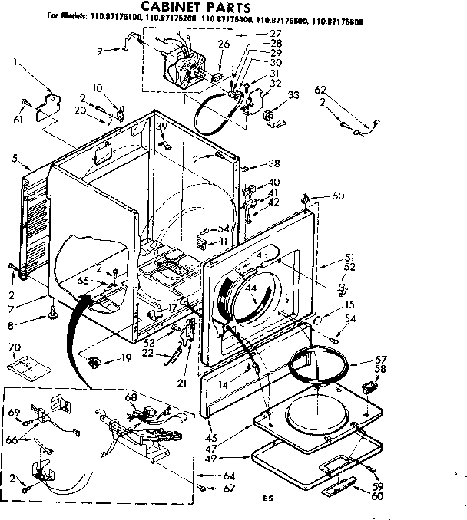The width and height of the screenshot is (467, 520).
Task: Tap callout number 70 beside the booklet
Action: tap(13, 347)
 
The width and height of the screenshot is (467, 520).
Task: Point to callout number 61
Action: tap(19, 119)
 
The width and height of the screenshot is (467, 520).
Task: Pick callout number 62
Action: tap(320, 90)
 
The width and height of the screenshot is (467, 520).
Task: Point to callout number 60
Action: tap(376, 496)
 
